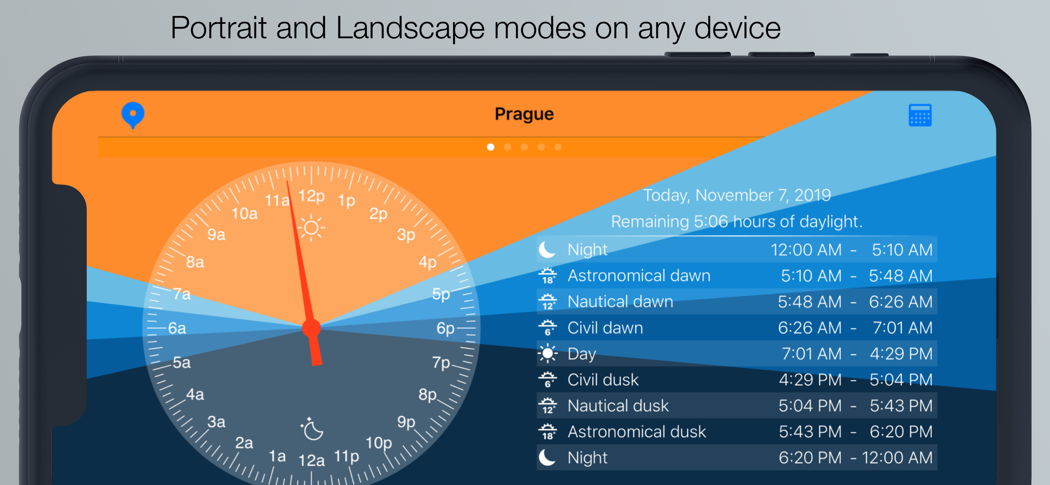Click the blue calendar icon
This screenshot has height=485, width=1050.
pos(920,115)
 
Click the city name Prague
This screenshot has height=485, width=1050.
pos(524,114)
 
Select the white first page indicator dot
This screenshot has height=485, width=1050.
pos(491,147)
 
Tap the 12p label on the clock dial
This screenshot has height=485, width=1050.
pos(312,196)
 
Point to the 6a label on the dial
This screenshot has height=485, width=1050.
pos(177,328)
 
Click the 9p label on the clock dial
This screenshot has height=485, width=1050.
pos(406,422)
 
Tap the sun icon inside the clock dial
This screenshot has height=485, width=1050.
pos(311,227)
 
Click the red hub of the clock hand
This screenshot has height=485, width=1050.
pos(311,328)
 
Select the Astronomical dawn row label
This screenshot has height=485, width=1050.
pos(639,276)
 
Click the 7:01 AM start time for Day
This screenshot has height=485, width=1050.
pos(812,354)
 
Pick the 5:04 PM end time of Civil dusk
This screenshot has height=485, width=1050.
pos(901,380)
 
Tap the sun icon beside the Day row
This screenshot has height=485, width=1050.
pos(547,353)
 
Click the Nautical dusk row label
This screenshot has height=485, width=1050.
pos(618,406)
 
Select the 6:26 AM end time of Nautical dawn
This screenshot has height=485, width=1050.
pos(900,302)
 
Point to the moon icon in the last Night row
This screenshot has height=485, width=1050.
pos(547,458)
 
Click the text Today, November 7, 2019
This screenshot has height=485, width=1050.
pos(737,196)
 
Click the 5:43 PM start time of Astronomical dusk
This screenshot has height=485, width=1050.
pos(810,432)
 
